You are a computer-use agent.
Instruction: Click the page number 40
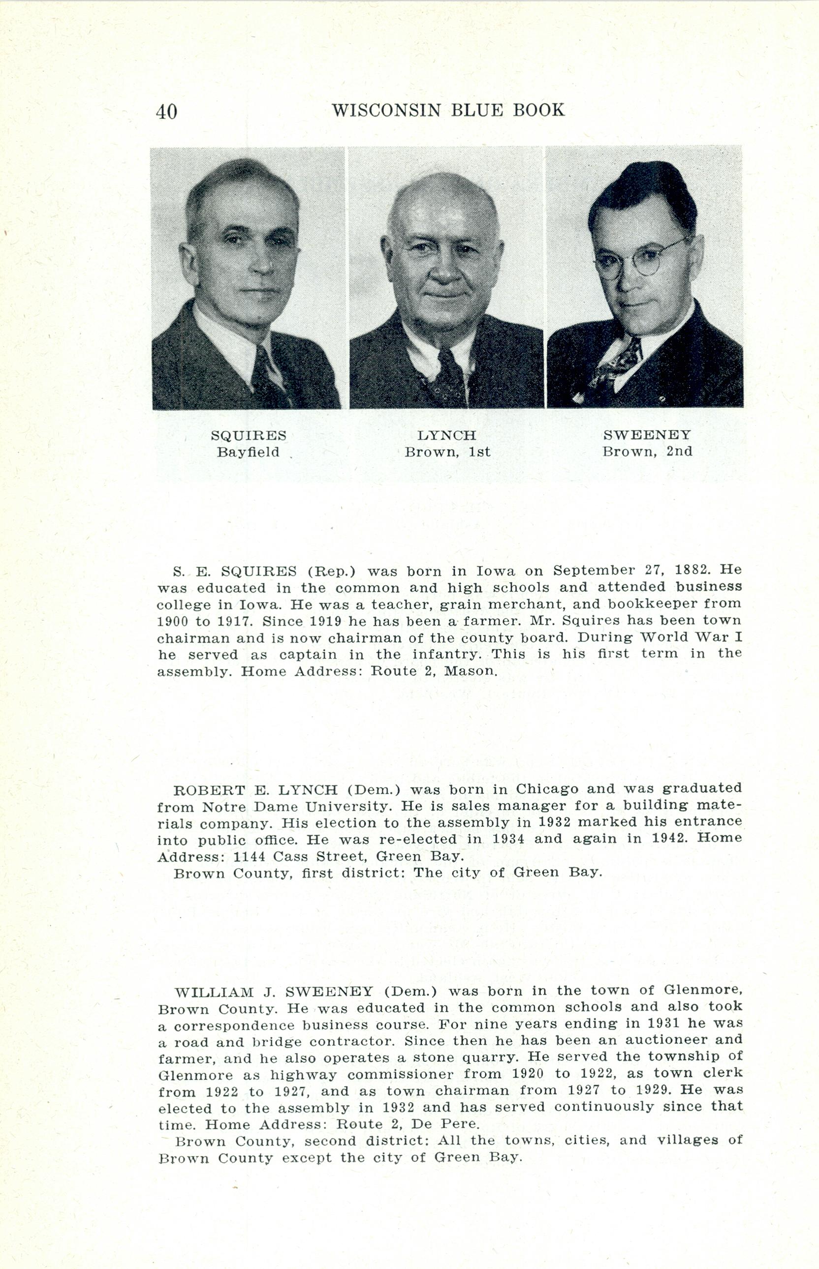pos(166,112)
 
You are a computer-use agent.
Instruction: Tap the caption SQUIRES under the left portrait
pos(249,436)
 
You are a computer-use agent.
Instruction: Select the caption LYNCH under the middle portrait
pos(447,436)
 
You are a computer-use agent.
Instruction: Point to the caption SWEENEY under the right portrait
pos(647,435)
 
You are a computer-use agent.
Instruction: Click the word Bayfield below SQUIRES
pos(248,452)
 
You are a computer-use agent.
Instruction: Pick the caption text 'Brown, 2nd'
pos(647,452)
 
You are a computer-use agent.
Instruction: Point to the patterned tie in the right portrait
pos(617,366)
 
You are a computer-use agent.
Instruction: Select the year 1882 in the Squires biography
pos(692,570)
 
